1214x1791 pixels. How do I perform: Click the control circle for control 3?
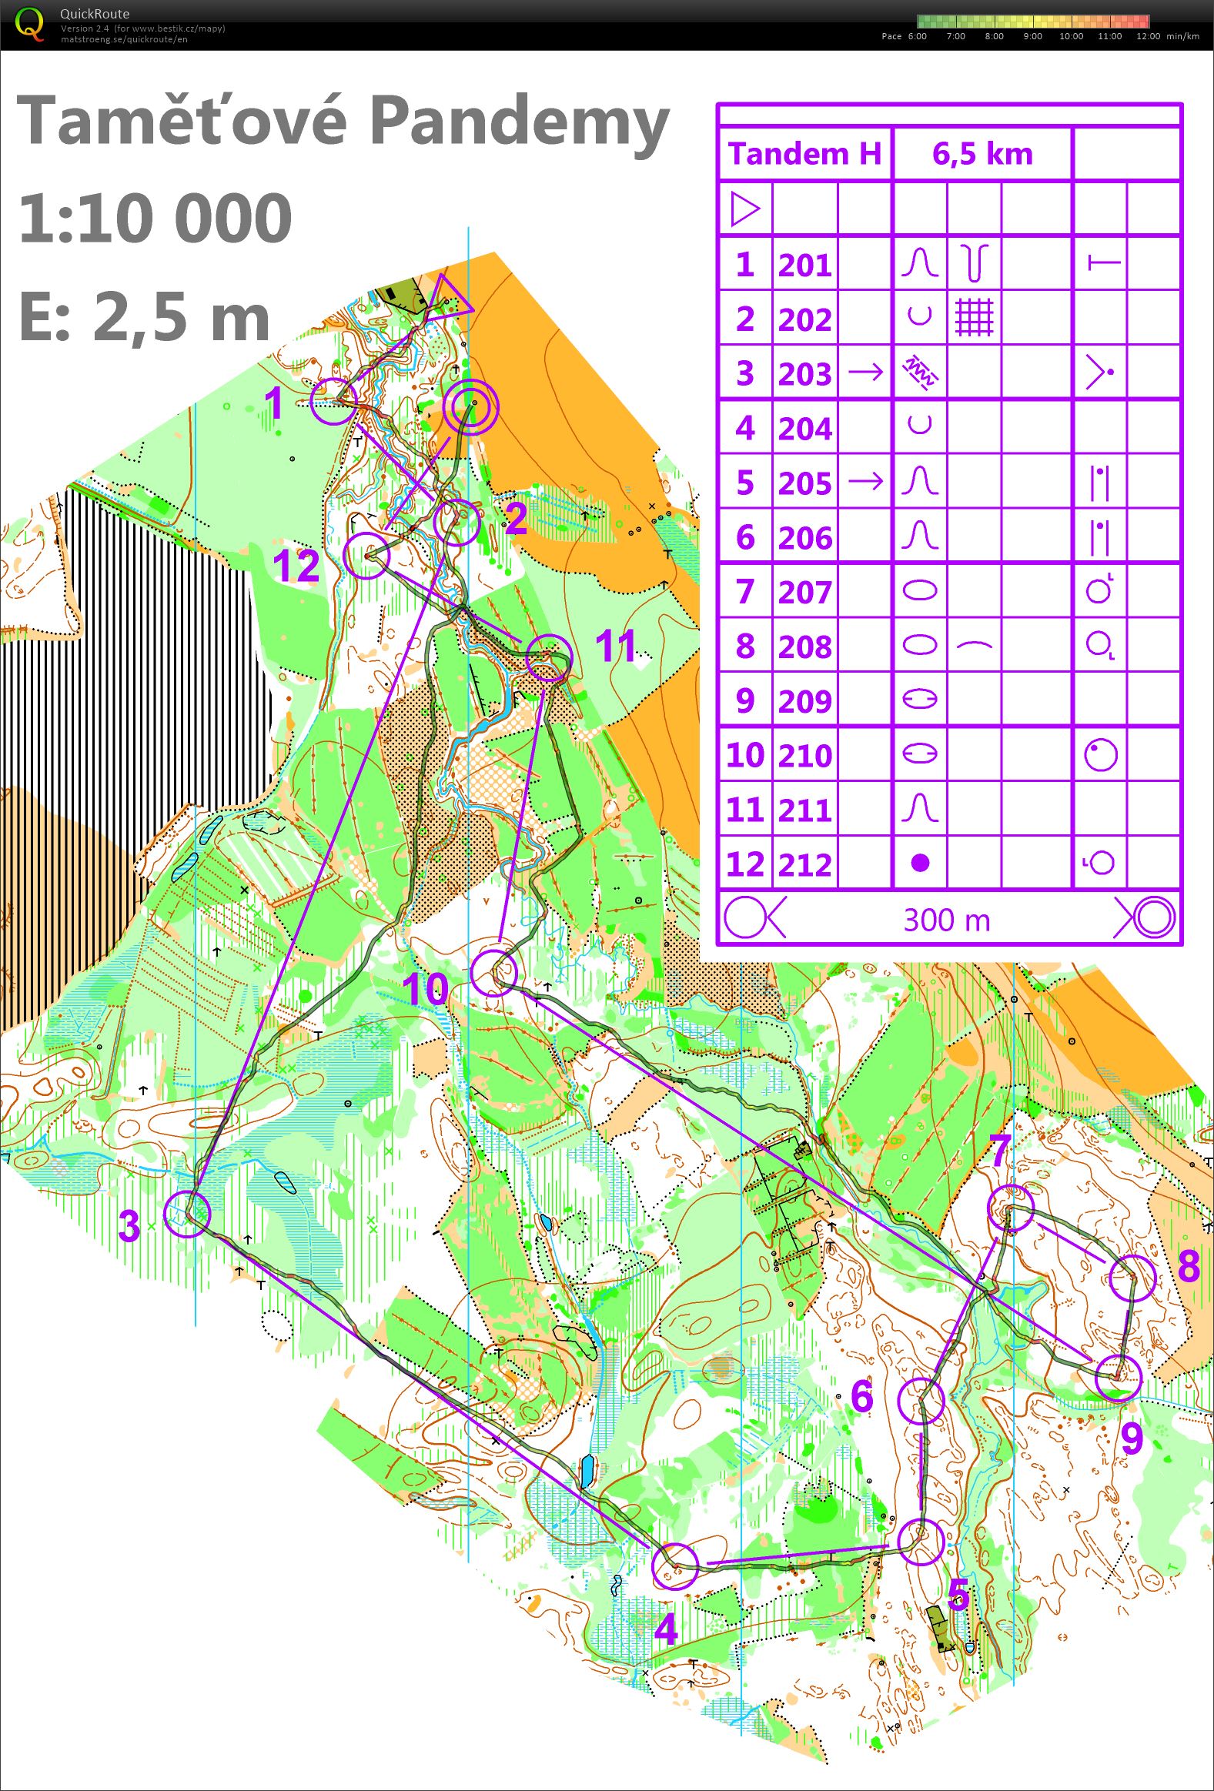click(188, 1214)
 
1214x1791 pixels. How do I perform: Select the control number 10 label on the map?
click(425, 989)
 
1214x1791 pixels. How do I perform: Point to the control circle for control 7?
click(1011, 1208)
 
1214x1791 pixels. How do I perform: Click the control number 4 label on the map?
click(666, 1629)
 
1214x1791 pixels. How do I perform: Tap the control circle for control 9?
click(1118, 1376)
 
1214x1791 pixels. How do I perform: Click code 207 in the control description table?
click(804, 593)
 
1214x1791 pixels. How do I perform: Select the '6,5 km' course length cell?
click(982, 154)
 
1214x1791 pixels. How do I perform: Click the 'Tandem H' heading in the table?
click(804, 154)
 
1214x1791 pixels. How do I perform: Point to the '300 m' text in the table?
click(947, 920)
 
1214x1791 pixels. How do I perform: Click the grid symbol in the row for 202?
click(975, 318)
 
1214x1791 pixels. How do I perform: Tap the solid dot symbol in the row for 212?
click(920, 863)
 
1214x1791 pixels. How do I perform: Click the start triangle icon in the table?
click(744, 209)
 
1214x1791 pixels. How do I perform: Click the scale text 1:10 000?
click(155, 218)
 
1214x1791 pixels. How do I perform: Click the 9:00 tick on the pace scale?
click(1032, 36)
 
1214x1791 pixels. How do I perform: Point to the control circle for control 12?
click(367, 555)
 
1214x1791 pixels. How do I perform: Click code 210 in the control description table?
click(804, 755)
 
